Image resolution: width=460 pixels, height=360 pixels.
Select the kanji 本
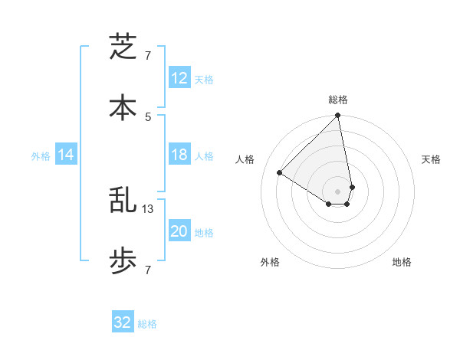pos(123,107)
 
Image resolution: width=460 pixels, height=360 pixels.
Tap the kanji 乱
pos(123,201)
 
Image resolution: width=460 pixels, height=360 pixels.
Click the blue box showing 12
pos(179,78)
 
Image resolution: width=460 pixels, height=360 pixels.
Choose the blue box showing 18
pos(179,155)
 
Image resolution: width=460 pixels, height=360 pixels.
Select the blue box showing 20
pos(179,231)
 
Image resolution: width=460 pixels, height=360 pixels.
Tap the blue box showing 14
pos(66,155)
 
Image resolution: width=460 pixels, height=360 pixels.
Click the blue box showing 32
pos(123,322)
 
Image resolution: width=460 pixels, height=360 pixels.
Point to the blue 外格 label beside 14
pos(41,155)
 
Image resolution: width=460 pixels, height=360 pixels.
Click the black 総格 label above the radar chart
pos(338,100)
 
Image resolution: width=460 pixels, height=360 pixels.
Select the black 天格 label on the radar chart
pos(431,159)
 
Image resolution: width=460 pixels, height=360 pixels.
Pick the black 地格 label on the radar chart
pos(402,262)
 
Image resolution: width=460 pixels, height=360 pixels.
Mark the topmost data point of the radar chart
pos(338,116)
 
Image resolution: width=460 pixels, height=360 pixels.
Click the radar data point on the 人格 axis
pos(280,173)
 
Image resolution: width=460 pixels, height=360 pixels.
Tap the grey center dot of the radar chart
pos(338,191)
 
